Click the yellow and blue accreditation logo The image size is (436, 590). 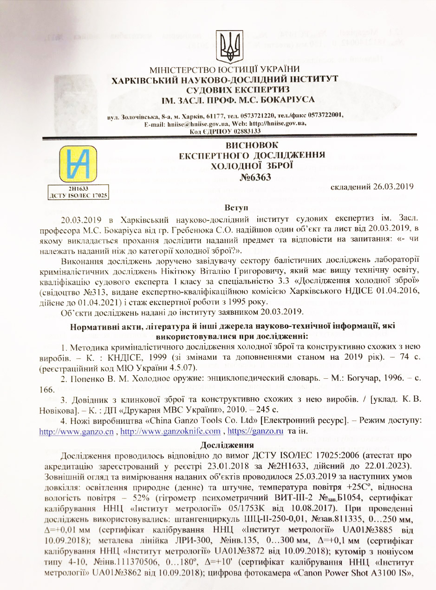[78, 165]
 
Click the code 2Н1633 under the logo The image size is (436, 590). [78, 189]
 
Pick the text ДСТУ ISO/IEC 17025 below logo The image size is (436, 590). [78, 196]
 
